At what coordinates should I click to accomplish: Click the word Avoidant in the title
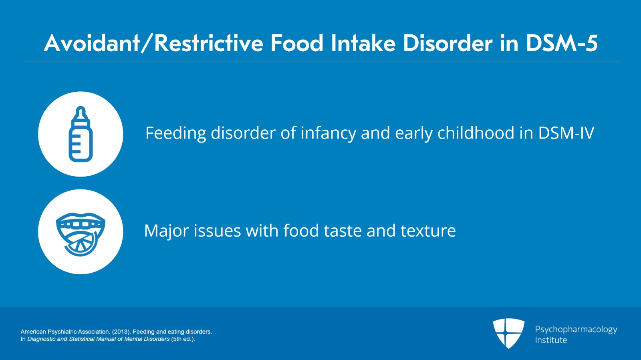pyautogui.click(x=91, y=43)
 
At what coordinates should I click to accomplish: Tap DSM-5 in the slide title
pyautogui.click(x=561, y=43)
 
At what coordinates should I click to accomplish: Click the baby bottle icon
pyautogui.click(x=81, y=135)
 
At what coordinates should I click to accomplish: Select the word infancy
pyautogui.click(x=328, y=133)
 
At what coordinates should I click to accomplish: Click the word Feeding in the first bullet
pyautogui.click(x=175, y=133)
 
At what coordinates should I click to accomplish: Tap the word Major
pyautogui.click(x=166, y=231)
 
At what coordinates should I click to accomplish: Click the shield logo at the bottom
pyautogui.click(x=508, y=333)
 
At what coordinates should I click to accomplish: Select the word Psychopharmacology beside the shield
pyautogui.click(x=576, y=329)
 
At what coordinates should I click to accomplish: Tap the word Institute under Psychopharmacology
pyautogui.click(x=551, y=340)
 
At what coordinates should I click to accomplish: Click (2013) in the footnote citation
pyautogui.click(x=121, y=332)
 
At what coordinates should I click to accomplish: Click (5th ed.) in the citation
pyautogui.click(x=183, y=339)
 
